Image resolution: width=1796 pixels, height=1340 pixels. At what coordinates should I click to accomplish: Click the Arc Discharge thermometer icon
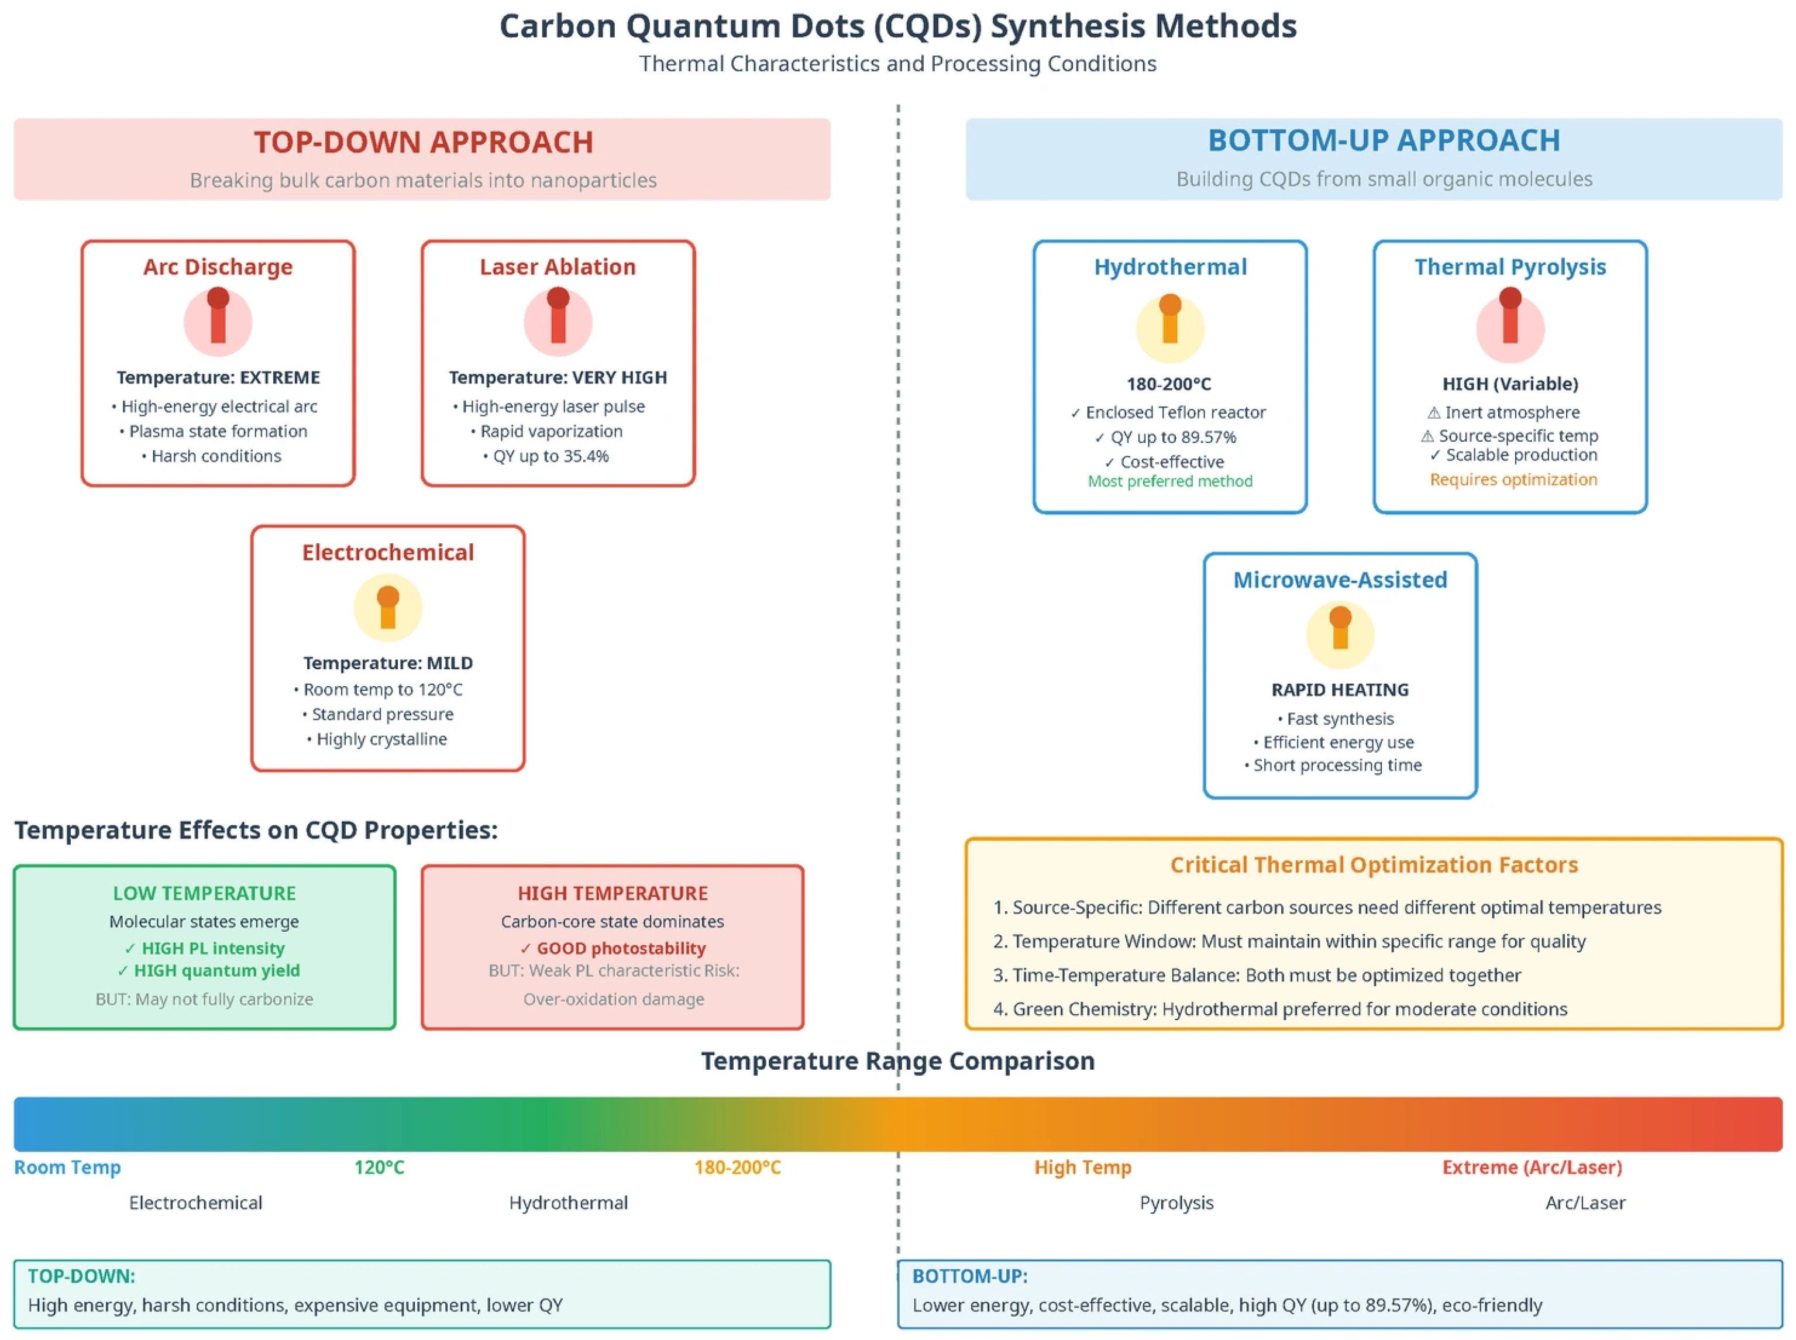(x=218, y=321)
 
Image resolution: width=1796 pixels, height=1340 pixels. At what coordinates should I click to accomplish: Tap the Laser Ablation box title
(x=558, y=267)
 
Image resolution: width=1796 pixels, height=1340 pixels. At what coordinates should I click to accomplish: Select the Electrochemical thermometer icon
(x=388, y=608)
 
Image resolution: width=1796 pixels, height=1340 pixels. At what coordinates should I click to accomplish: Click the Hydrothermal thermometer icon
(x=1170, y=328)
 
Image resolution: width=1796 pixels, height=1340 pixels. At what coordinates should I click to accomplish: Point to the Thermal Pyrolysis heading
(x=1510, y=267)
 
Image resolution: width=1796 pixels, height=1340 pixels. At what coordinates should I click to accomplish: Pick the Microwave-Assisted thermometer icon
(x=1340, y=634)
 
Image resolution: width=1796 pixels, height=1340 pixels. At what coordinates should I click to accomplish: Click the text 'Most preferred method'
(x=1170, y=481)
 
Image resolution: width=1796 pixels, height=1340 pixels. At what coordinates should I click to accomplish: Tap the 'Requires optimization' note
(x=1513, y=480)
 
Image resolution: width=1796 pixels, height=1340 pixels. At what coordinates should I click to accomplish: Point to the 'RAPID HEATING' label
(x=1340, y=690)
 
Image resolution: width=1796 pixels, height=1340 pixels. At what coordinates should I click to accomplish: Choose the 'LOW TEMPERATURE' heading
(x=204, y=893)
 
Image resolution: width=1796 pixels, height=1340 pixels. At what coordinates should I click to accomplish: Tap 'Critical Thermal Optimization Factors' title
(x=1374, y=864)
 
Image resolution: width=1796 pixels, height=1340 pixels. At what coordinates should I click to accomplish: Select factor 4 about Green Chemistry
(x=1280, y=1009)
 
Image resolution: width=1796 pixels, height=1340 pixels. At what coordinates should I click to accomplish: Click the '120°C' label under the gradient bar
(x=379, y=1167)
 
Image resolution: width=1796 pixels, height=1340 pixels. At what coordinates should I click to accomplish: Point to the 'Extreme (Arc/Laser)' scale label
(x=1532, y=1167)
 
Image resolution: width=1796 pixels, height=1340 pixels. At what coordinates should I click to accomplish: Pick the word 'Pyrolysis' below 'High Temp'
(x=1176, y=1203)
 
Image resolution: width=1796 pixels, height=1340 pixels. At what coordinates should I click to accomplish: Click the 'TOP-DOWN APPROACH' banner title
(x=424, y=143)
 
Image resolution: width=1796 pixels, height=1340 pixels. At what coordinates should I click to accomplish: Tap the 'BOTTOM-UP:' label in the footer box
(x=969, y=1276)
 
